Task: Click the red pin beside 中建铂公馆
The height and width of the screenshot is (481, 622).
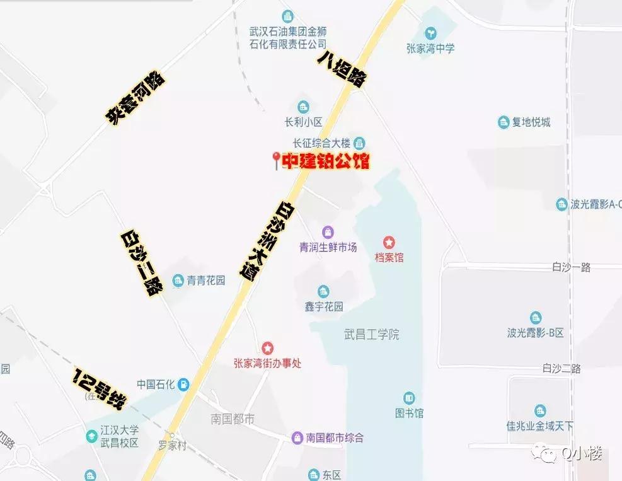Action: pyautogui.click(x=276, y=160)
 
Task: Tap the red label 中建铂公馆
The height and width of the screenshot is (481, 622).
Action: pyautogui.click(x=325, y=161)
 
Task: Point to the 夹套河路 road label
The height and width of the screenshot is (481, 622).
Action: pyautogui.click(x=135, y=98)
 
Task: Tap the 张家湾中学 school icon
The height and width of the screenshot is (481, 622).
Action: pyautogui.click(x=431, y=32)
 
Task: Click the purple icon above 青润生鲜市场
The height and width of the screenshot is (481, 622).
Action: pyautogui.click(x=328, y=232)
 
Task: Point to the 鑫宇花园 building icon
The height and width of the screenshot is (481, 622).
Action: pyautogui.click(x=323, y=291)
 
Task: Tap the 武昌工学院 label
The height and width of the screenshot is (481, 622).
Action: pyautogui.click(x=372, y=335)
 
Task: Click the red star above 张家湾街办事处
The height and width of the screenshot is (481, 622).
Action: pyautogui.click(x=268, y=347)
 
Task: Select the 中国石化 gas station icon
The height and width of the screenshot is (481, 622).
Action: pyautogui.click(x=183, y=383)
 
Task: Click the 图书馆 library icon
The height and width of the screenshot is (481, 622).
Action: pyautogui.click(x=409, y=398)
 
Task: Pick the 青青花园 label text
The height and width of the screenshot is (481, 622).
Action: pyautogui.click(x=206, y=281)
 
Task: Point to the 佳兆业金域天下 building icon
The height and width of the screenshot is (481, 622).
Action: pyautogui.click(x=539, y=410)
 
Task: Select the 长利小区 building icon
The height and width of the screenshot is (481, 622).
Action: pyautogui.click(x=303, y=106)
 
